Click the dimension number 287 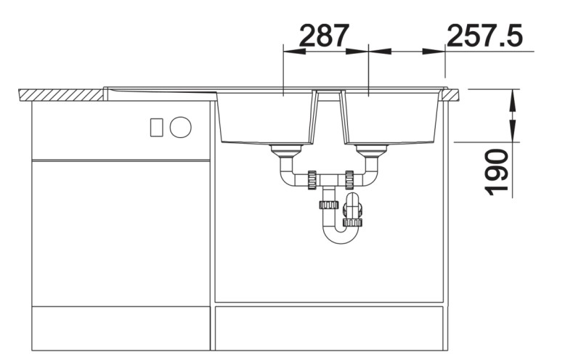pyautogui.click(x=324, y=36)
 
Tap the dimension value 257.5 pyautogui.click(x=484, y=36)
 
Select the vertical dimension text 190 pyautogui.click(x=497, y=172)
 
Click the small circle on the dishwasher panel pyautogui.click(x=180, y=127)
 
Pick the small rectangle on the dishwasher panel pyautogui.click(x=156, y=127)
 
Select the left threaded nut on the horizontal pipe pyautogui.click(x=312, y=180)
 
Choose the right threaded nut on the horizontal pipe pyautogui.click(x=349, y=180)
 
